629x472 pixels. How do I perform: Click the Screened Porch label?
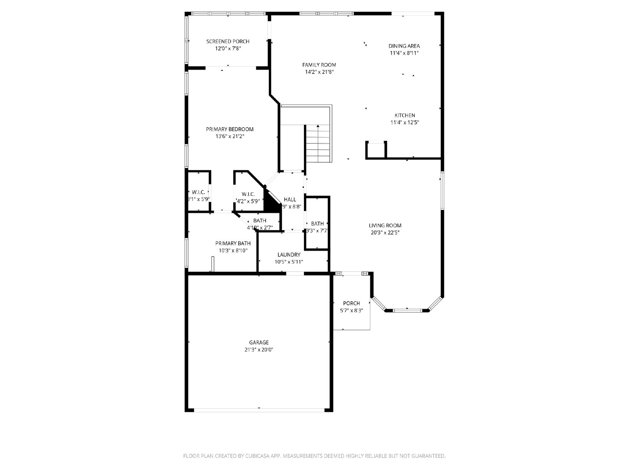tap(228, 41)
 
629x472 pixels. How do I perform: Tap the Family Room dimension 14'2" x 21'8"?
tap(319, 72)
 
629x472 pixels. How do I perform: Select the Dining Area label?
tap(404, 46)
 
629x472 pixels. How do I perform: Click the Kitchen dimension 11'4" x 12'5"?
tap(405, 122)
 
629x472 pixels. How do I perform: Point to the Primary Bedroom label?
tap(230, 129)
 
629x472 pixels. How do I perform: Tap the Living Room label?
tap(385, 225)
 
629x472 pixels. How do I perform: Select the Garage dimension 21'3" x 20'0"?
tap(259, 349)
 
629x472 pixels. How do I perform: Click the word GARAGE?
tap(259, 342)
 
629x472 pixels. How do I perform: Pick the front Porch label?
tap(351, 303)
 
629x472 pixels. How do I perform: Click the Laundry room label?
tap(289, 254)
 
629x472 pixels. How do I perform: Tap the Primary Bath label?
tap(233, 243)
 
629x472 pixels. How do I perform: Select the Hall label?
tap(290, 199)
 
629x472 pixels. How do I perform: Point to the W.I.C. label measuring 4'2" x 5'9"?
tap(248, 194)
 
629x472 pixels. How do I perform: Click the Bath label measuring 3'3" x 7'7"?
tap(317, 223)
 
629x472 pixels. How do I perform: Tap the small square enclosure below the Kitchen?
tap(376, 150)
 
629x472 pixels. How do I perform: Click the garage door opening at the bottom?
tap(259, 410)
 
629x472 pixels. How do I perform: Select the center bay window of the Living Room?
tap(407, 311)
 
